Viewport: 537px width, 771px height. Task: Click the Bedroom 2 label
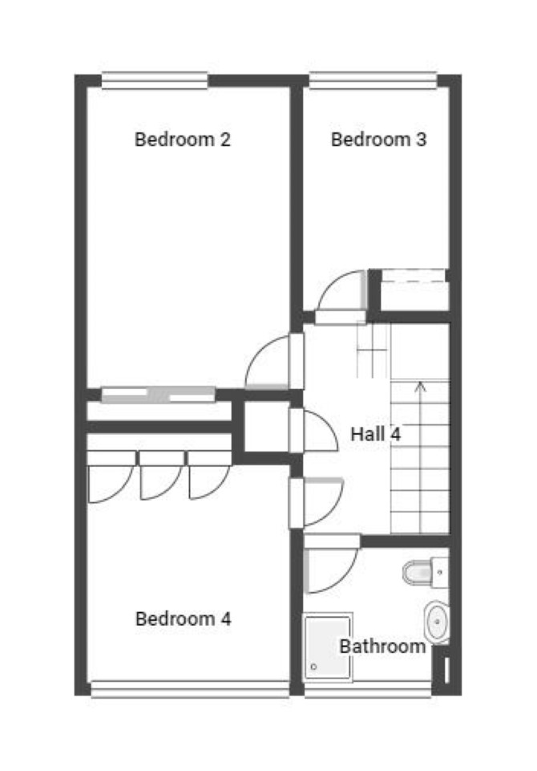click(x=182, y=140)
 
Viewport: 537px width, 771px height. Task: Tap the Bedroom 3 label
click(x=378, y=140)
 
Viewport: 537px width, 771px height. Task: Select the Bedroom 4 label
click(x=183, y=619)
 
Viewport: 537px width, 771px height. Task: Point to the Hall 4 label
click(x=375, y=434)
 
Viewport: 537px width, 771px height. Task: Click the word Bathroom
click(x=382, y=646)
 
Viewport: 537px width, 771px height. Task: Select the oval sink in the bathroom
click(x=437, y=622)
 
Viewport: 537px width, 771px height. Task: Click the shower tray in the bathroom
click(x=328, y=647)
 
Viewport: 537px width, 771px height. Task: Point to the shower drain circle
click(x=313, y=668)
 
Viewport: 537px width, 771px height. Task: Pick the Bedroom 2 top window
click(x=155, y=81)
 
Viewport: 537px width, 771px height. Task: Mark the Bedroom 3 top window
click(x=373, y=81)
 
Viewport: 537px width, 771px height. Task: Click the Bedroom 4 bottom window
click(x=190, y=688)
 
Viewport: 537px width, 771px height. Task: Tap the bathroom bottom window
click(x=368, y=688)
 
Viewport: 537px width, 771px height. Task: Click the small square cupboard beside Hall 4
click(x=266, y=427)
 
